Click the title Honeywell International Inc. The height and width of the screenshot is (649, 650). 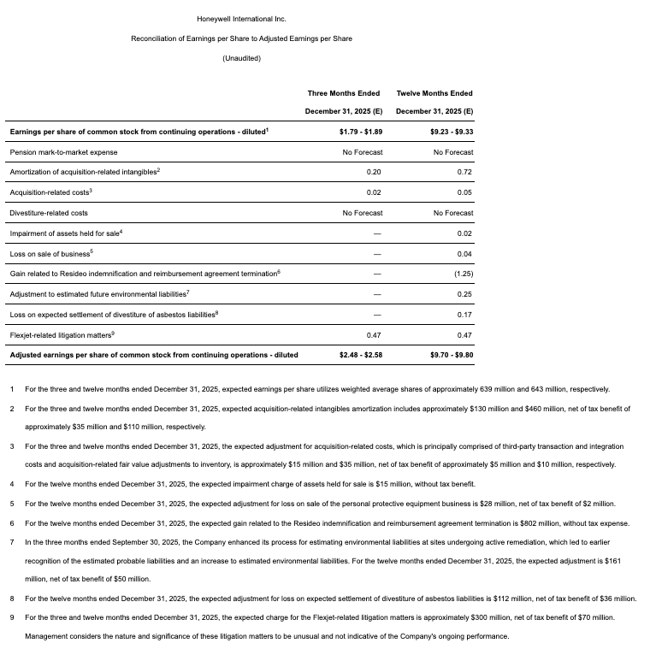[241, 19]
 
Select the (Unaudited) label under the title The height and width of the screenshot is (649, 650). [241, 58]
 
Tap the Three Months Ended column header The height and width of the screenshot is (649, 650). [344, 93]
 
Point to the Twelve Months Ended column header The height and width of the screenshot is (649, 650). [434, 93]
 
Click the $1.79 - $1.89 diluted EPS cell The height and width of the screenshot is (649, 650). [361, 132]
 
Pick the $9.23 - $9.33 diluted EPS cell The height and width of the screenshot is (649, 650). [452, 132]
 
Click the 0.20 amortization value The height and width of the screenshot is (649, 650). [374, 173]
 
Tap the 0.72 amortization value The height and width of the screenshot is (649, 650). [464, 173]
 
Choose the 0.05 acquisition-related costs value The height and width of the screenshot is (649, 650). [464, 192]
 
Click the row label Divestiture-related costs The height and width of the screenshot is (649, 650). [49, 213]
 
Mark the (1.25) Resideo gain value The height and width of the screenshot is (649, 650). [464, 274]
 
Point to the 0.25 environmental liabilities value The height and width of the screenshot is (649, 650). [464, 294]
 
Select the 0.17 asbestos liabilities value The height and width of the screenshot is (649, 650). [464, 315]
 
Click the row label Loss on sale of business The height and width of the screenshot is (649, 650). [50, 254]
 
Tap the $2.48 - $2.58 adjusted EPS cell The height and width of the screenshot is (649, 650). [361, 355]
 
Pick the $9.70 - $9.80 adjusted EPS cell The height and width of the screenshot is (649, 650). [452, 355]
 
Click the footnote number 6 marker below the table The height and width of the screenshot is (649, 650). [13, 523]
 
